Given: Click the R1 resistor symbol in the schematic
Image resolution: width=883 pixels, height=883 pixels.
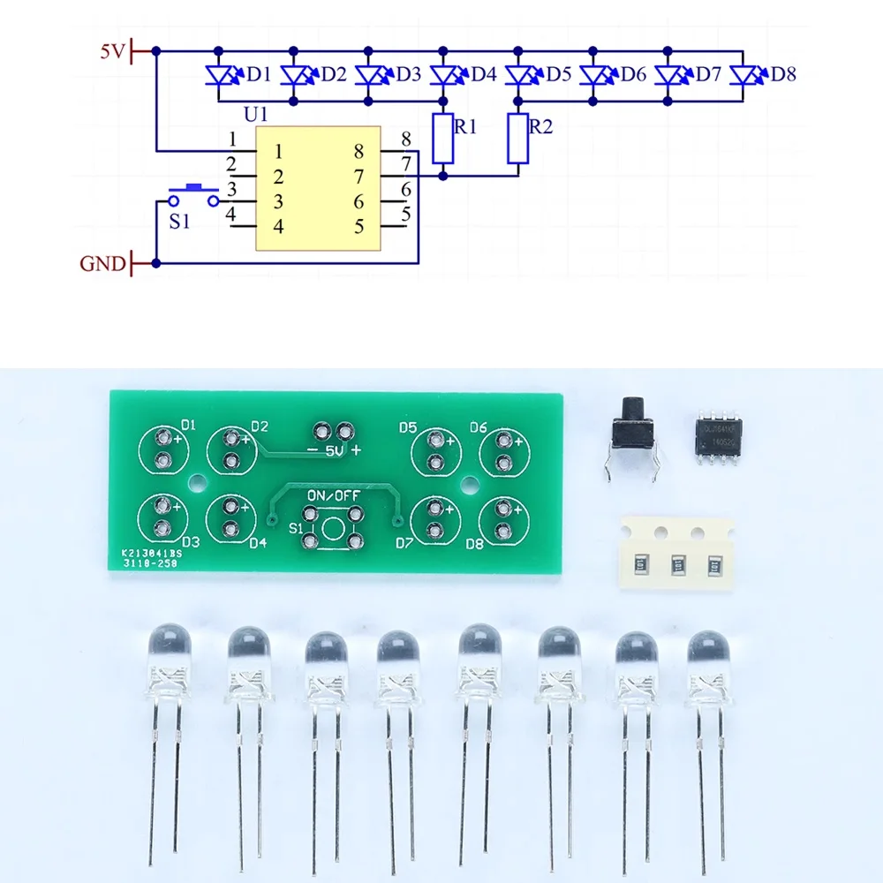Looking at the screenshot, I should pos(443,139).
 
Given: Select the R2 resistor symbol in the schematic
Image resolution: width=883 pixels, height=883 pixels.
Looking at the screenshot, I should pos(517,139).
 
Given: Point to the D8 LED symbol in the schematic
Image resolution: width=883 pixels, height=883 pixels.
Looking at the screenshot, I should pos(743,75).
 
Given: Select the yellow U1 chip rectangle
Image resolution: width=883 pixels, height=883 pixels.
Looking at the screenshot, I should pos(318,188).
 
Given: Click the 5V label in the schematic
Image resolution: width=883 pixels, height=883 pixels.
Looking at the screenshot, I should pos(113,52).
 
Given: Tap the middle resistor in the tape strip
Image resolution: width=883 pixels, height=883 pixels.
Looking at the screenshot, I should pos(679,562).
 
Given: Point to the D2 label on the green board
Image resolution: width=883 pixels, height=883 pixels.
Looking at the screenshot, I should pos(259,426).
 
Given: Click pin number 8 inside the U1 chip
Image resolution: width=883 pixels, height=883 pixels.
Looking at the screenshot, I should pos(358,151).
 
